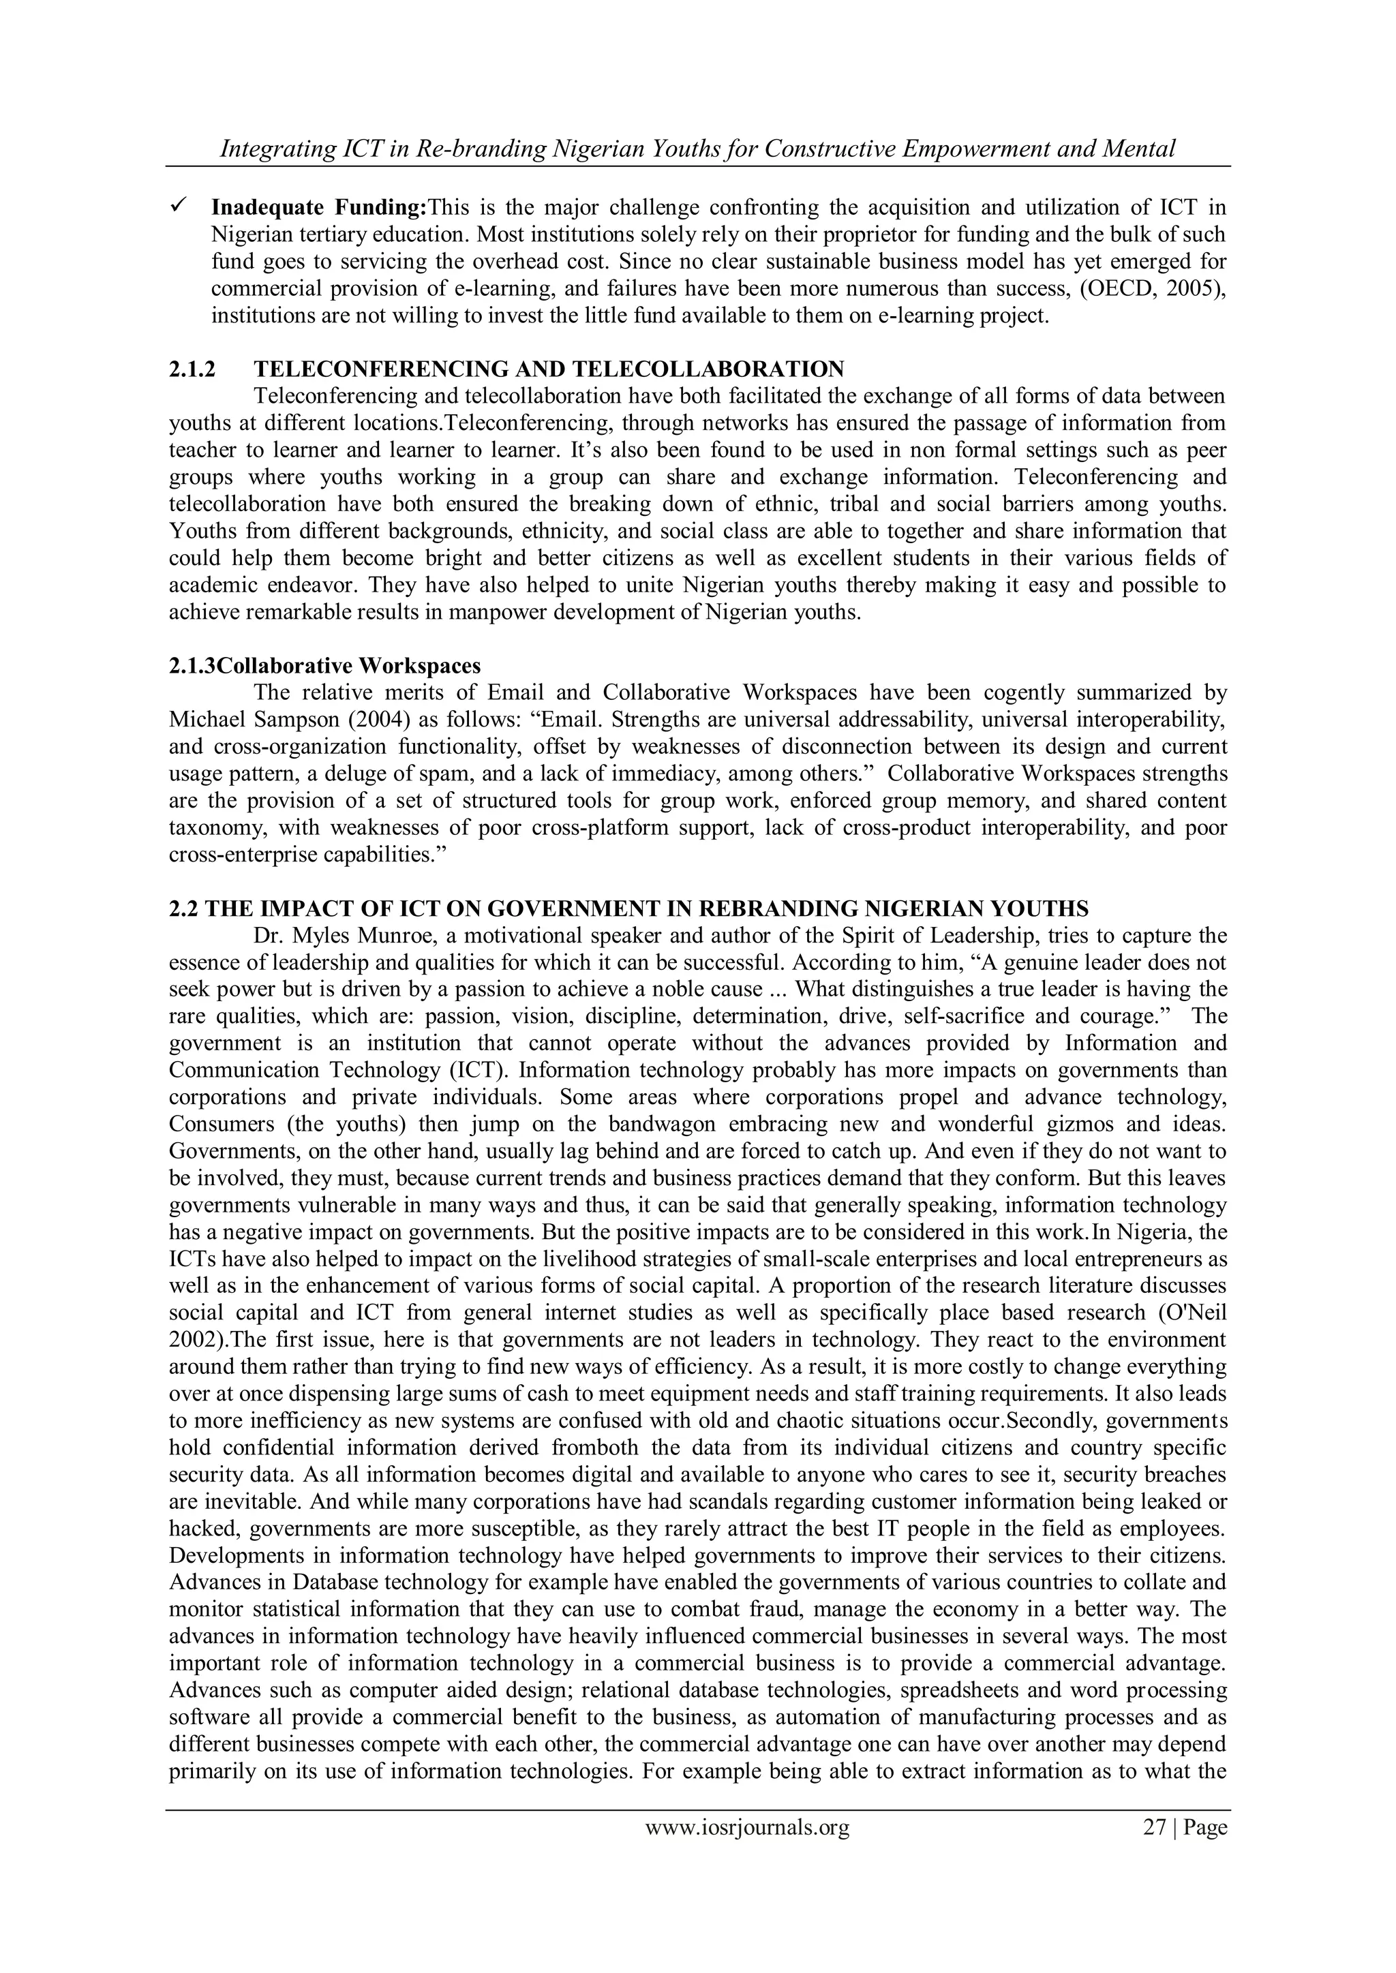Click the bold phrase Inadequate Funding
pos(319,208)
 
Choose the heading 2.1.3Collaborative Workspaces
pos(325,666)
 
